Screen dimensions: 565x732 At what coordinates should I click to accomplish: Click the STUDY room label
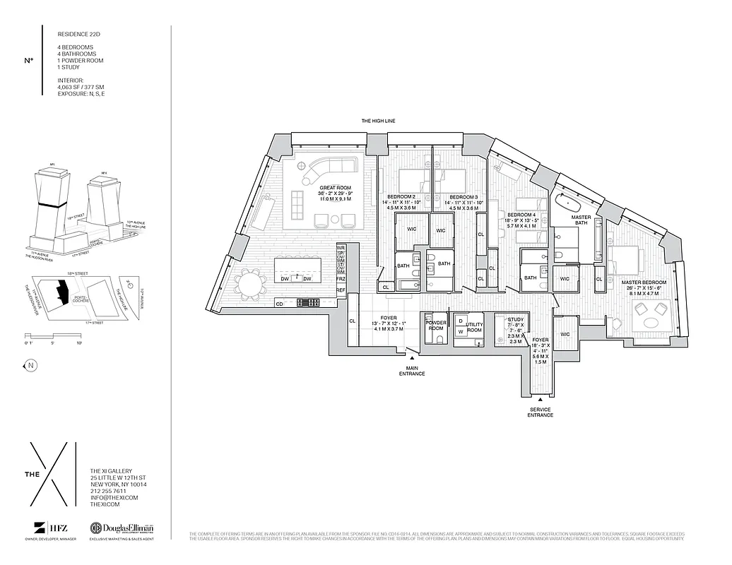pos(515,319)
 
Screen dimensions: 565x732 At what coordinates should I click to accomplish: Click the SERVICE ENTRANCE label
pos(540,412)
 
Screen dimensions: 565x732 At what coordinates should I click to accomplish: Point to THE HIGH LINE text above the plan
pos(378,121)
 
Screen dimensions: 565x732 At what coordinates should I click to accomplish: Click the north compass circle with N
pos(30,365)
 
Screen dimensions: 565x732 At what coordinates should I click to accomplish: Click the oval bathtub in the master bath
pos(565,206)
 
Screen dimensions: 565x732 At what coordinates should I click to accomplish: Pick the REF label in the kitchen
pos(341,290)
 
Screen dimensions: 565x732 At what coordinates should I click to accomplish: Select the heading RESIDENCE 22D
pos(78,33)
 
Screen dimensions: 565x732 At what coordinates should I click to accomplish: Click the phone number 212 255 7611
pos(108,491)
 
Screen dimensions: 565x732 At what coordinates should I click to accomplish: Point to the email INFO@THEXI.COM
pos(114,498)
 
